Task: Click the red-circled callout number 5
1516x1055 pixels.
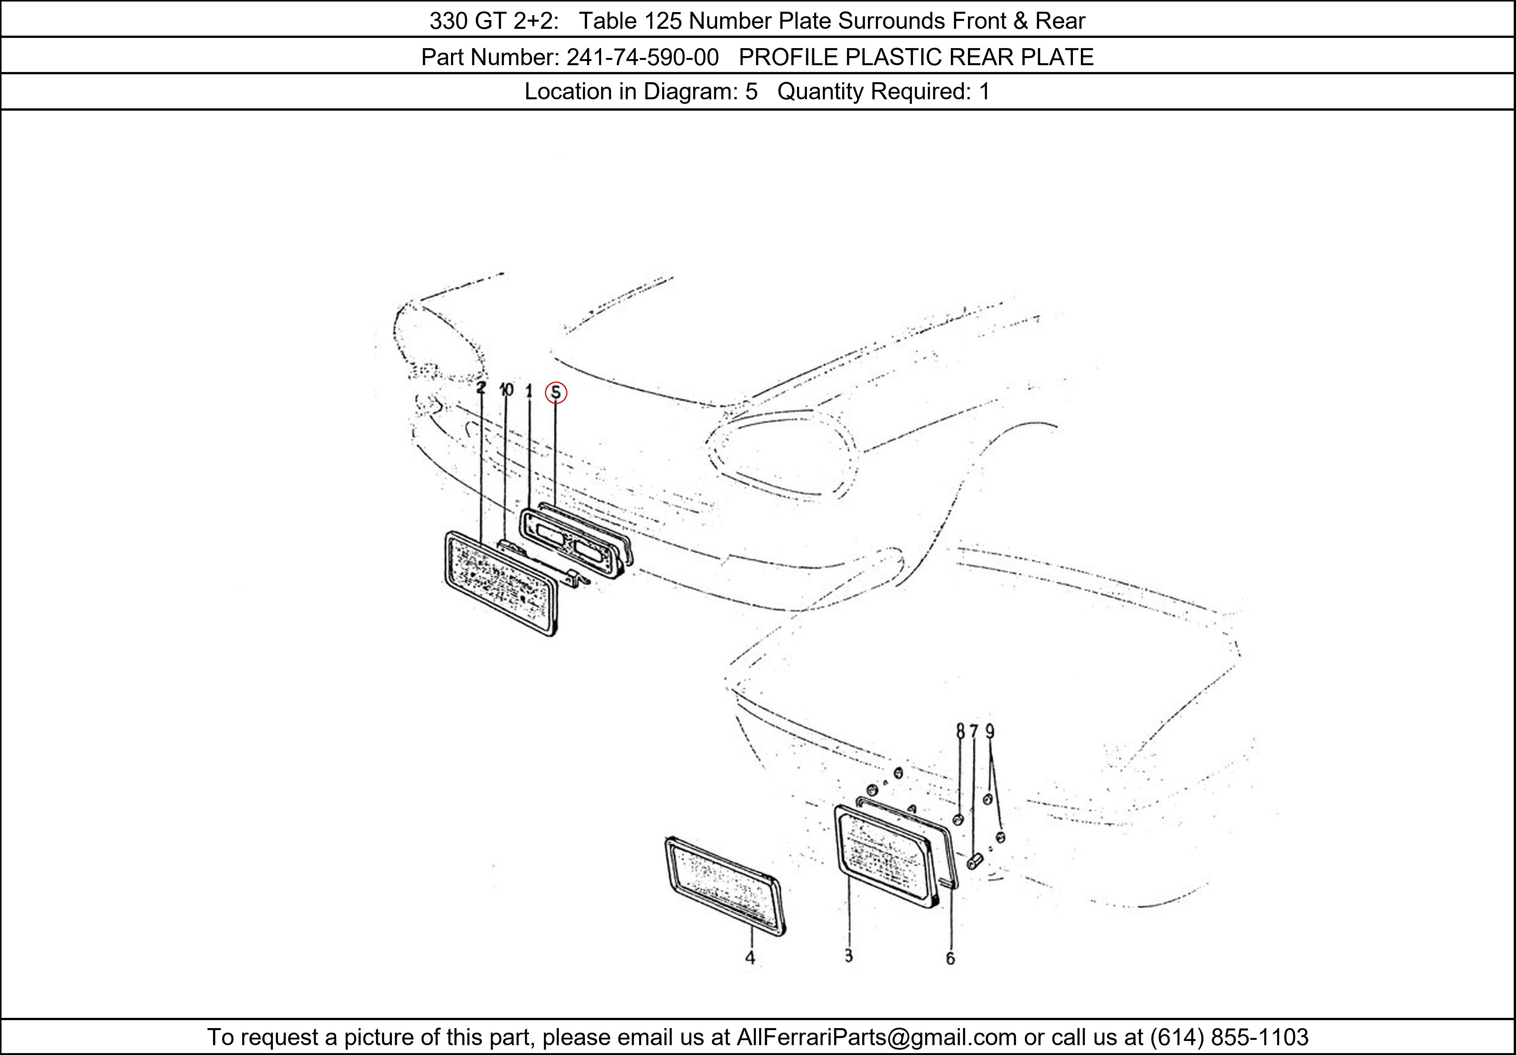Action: click(556, 393)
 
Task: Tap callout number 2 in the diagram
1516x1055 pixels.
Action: click(481, 388)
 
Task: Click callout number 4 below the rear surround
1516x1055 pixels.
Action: click(750, 957)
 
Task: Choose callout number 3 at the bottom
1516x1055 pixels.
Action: click(849, 955)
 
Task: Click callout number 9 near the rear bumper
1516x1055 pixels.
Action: click(990, 731)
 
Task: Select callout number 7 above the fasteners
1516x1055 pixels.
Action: click(974, 731)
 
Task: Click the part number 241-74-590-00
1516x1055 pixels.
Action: click(642, 58)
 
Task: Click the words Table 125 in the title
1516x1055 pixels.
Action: click(631, 21)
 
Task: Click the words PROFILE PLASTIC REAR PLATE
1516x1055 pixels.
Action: click(916, 58)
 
